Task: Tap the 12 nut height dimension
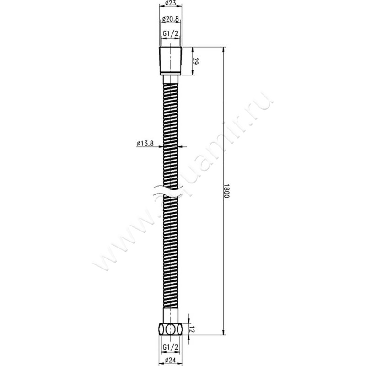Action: click(x=194, y=328)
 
